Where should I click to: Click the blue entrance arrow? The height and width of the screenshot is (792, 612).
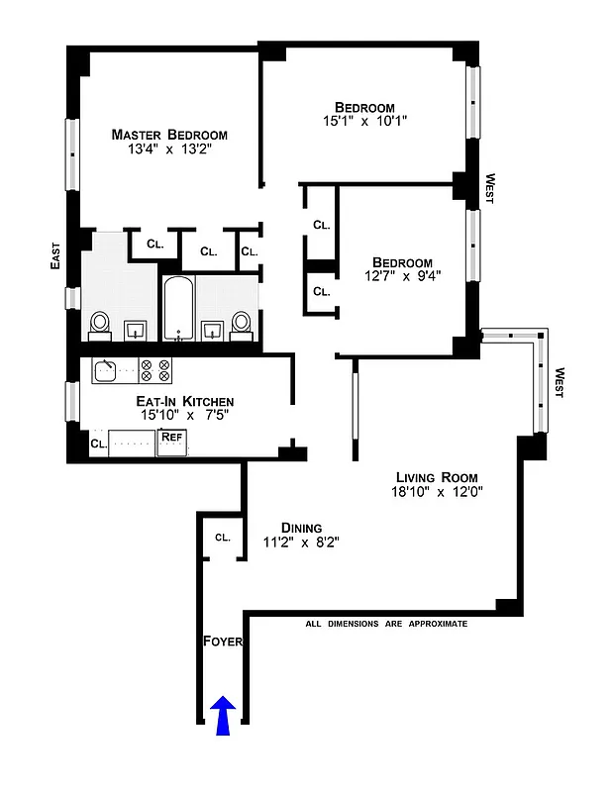[x=223, y=716]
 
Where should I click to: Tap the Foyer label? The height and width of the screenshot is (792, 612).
[x=223, y=642]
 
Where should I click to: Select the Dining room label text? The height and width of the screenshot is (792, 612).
[x=300, y=528]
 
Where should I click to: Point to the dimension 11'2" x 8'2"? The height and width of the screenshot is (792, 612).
[x=300, y=543]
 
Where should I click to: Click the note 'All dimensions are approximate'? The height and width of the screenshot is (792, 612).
[x=386, y=624]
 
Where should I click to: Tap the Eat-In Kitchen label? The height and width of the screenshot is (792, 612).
[x=184, y=401]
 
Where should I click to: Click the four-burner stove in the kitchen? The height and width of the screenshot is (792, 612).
[x=155, y=370]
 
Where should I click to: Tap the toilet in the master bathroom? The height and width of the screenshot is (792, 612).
[x=99, y=324]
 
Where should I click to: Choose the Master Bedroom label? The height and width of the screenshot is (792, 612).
[x=169, y=135]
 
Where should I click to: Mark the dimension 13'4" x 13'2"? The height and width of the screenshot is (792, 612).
[x=169, y=150]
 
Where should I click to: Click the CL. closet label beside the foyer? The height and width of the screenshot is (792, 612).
[x=222, y=538]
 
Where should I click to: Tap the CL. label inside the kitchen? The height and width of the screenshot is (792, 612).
[x=98, y=445]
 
